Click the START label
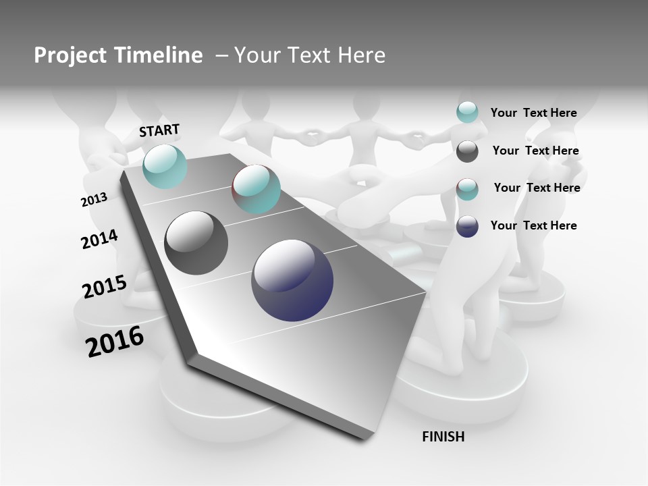click(x=159, y=130)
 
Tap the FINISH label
click(x=443, y=437)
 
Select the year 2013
click(x=94, y=200)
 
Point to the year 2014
click(x=99, y=240)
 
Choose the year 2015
click(x=104, y=287)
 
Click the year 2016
click(x=115, y=342)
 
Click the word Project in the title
click(x=70, y=55)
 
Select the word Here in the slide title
click(x=361, y=55)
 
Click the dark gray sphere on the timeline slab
click(x=196, y=243)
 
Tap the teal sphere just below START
click(x=165, y=166)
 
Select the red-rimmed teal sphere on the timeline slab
click(x=256, y=189)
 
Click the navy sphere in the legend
click(x=467, y=226)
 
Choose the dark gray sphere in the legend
click(x=467, y=151)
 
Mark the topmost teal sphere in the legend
click(x=467, y=112)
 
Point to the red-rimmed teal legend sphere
click(x=467, y=189)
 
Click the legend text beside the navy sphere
click(x=533, y=225)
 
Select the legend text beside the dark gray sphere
click(x=535, y=151)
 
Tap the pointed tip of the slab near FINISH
click(x=368, y=439)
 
